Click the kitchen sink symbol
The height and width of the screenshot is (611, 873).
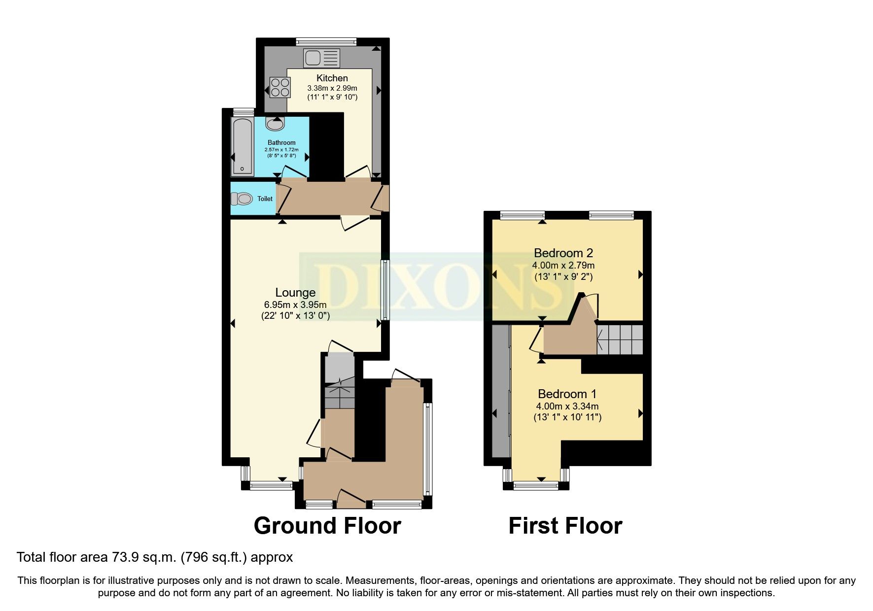click(322, 58)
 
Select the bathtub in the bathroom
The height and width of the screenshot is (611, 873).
click(243, 146)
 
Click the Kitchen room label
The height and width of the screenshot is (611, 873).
click(332, 78)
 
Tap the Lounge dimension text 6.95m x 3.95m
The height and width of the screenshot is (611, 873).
click(295, 305)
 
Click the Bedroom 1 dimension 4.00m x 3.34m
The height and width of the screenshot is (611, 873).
click(567, 407)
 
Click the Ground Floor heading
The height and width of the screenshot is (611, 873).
click(327, 525)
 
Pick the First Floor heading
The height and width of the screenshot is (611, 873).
click(565, 525)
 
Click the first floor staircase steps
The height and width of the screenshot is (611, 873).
click(620, 339)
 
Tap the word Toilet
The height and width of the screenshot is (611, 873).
click(265, 199)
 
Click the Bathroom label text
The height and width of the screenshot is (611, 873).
click(281, 143)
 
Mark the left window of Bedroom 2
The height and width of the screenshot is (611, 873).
click(523, 215)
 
